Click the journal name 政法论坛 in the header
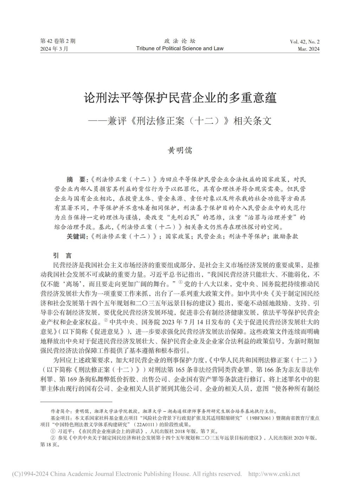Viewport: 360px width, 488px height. pyautogui.click(x=180, y=41)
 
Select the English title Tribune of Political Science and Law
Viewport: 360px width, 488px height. pyautogui.click(x=180, y=48)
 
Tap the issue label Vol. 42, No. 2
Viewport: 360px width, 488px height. pyautogui.click(x=304, y=42)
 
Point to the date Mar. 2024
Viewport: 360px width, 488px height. pyautogui.click(x=308, y=49)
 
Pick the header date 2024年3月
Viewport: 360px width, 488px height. pyautogui.click(x=54, y=49)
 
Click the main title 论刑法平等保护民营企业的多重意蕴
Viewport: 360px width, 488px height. pyautogui.click(x=180, y=97)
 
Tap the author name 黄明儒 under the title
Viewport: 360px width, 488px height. pyautogui.click(x=180, y=150)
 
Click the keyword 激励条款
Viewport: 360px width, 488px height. pyautogui.click(x=285, y=236)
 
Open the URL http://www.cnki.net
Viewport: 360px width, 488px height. pyautogui.click(x=274, y=474)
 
